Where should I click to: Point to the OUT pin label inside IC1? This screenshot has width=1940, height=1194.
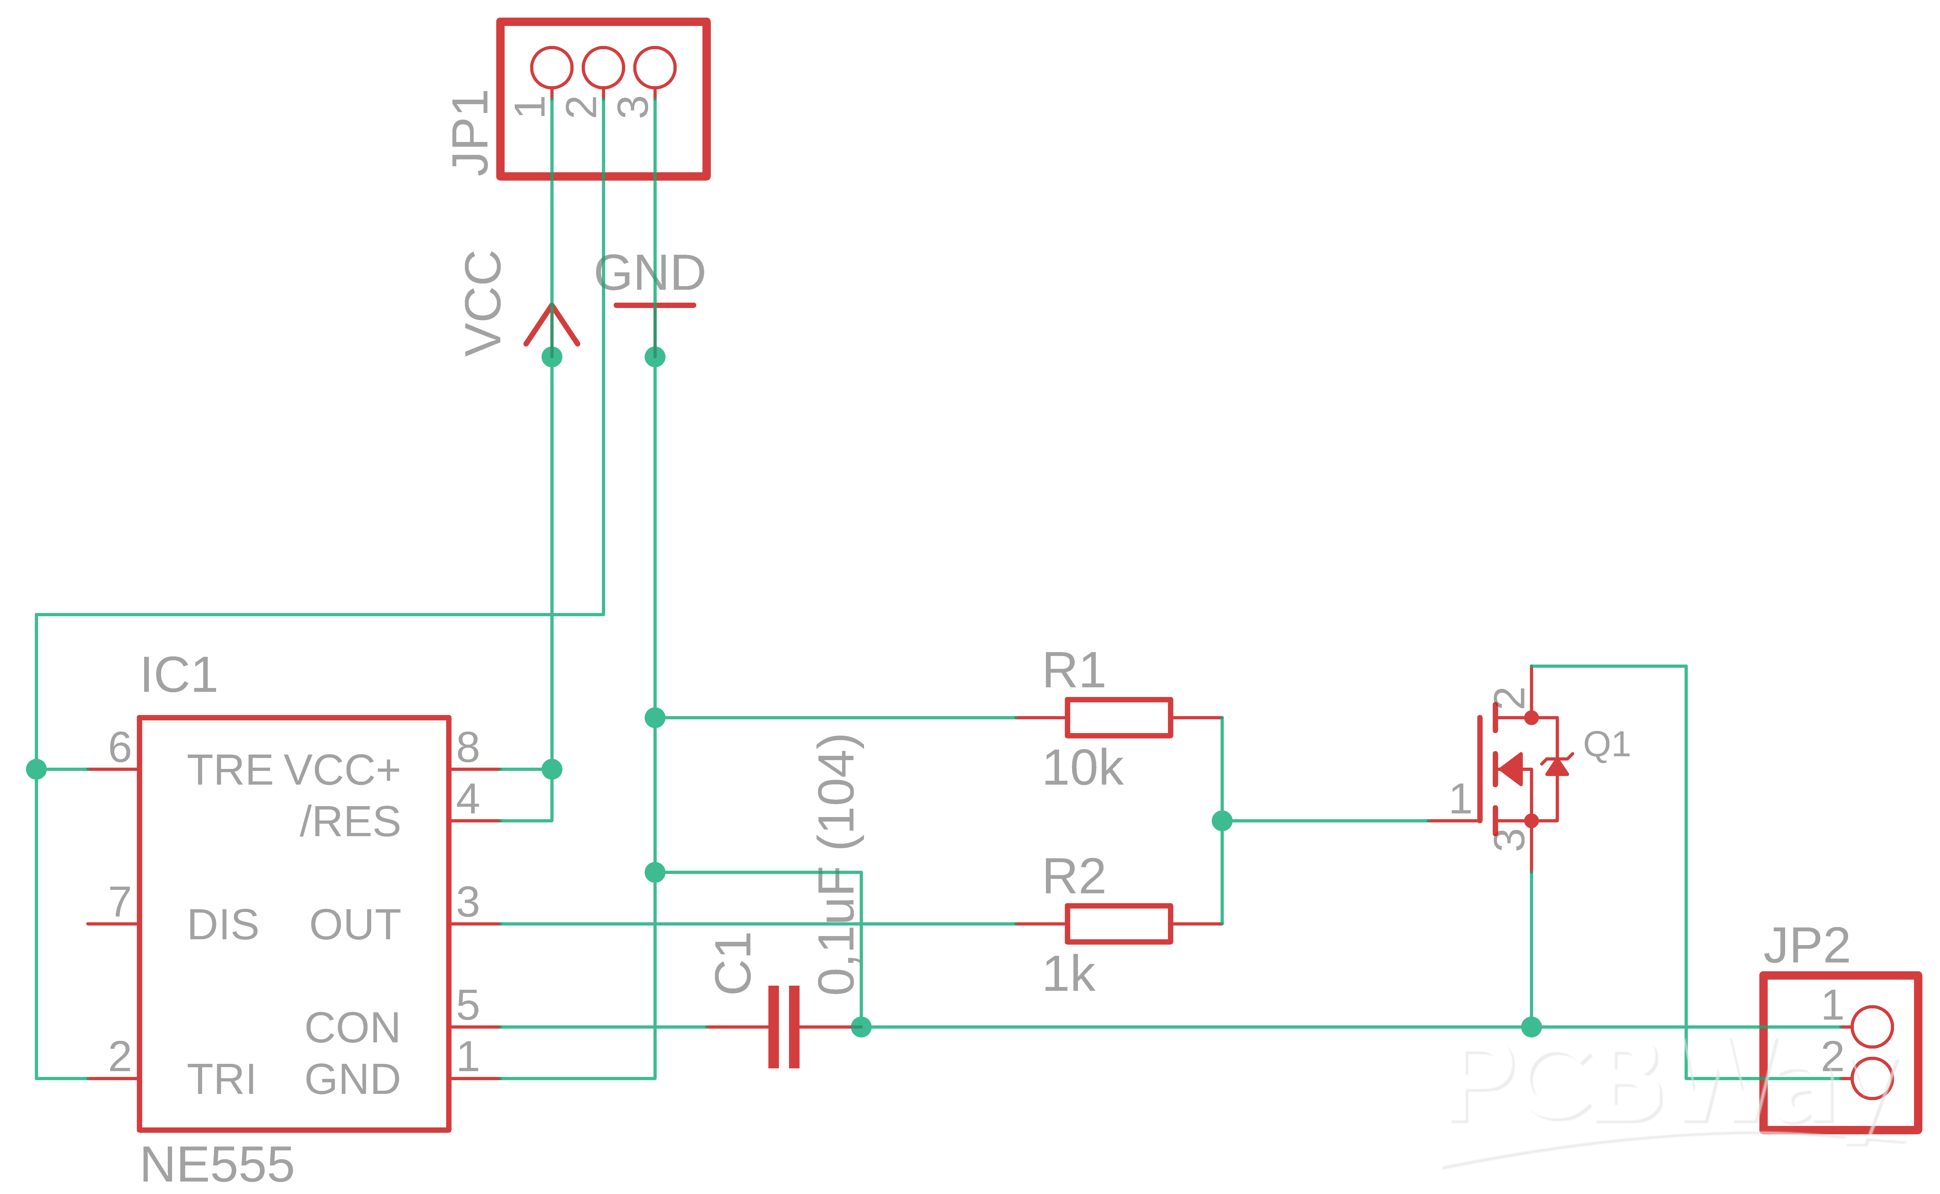point(355,925)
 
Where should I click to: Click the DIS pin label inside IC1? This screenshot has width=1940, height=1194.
point(223,925)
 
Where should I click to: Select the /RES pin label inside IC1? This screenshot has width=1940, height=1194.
point(350,821)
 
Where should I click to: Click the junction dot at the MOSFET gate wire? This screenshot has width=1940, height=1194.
point(1221,821)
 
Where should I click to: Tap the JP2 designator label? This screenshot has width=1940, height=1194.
point(1807,945)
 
